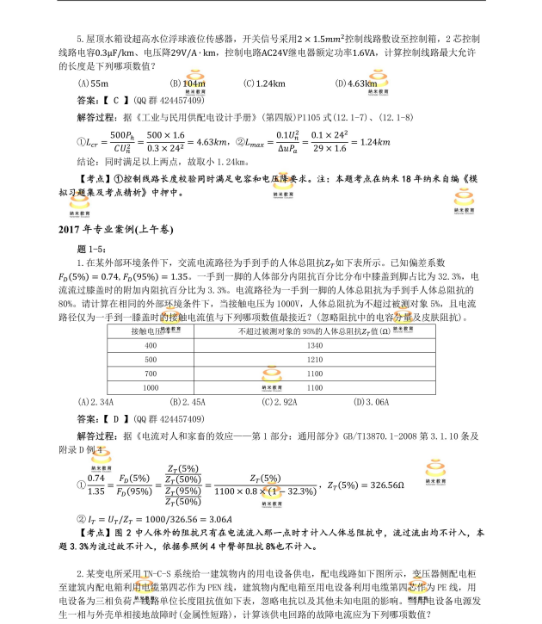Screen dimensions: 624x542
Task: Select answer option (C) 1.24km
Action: [264, 83]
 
